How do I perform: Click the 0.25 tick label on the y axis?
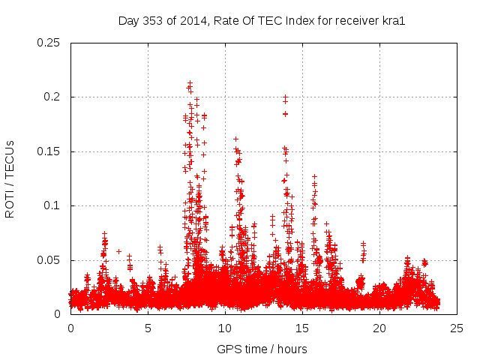[x=49, y=43]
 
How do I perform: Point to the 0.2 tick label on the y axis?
[x=52, y=97]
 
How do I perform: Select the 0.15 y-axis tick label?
[x=49, y=151]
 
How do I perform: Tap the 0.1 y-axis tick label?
[x=52, y=206]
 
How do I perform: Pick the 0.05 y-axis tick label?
[x=49, y=260]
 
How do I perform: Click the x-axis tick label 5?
[x=148, y=328]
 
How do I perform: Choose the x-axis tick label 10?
[x=225, y=328]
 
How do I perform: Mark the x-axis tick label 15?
[x=302, y=328]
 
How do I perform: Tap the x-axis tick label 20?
[x=379, y=328]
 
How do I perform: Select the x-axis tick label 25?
[x=457, y=328]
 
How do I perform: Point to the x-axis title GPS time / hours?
[x=262, y=349]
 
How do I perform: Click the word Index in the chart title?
[x=289, y=20]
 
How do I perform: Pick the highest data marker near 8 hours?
[x=190, y=83]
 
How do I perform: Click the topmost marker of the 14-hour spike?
[x=285, y=97]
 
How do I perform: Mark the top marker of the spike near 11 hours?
[x=235, y=139]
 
